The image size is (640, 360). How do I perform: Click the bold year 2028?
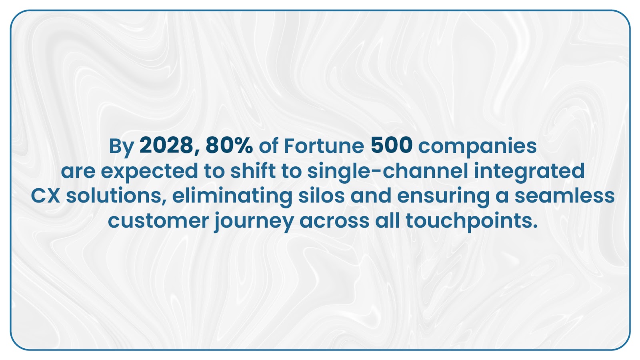pyautogui.click(x=166, y=145)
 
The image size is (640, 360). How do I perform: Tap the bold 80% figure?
pyautogui.click(x=229, y=145)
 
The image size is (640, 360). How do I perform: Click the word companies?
pyautogui.click(x=478, y=148)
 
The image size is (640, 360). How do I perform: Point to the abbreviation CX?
pyautogui.click(x=45, y=196)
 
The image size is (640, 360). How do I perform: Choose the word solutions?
pyautogui.click(x=116, y=196)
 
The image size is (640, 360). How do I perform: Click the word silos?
pyautogui.click(x=322, y=196)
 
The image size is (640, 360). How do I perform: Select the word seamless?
pyautogui.click(x=564, y=196)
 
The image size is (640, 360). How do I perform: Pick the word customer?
pyautogui.click(x=158, y=221)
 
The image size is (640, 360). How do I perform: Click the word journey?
pyautogui.click(x=254, y=222)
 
